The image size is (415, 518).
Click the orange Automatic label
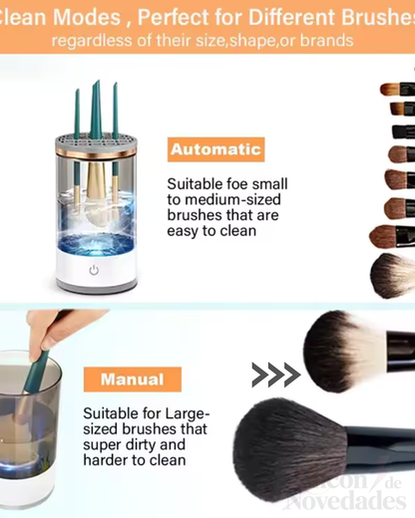[x=215, y=150]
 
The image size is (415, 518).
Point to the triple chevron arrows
[x=275, y=375]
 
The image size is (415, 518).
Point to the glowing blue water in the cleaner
[x=97, y=244]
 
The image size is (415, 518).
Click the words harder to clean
[x=135, y=460]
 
